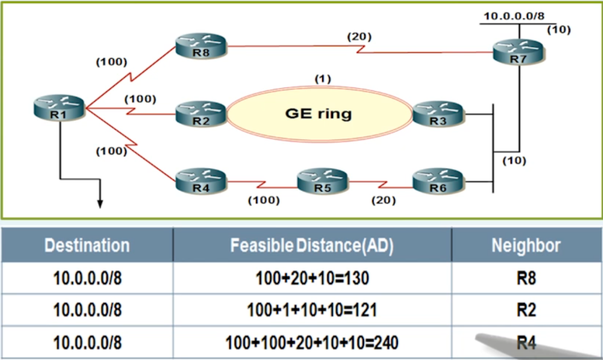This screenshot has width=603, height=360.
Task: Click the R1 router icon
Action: coord(59,108)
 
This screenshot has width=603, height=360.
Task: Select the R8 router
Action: coord(200,46)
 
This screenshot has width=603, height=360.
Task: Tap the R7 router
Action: coord(518,52)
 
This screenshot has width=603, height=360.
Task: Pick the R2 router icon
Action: coord(200,114)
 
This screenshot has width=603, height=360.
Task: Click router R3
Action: coord(438,114)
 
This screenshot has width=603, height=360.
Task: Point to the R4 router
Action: coord(200,181)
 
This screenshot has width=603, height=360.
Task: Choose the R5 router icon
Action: coord(323,181)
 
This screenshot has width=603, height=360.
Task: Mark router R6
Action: coord(438,181)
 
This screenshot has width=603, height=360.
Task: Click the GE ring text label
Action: coord(318,114)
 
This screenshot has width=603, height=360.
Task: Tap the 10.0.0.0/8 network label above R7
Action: coord(514,16)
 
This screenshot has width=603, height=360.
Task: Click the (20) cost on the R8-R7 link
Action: coord(360,36)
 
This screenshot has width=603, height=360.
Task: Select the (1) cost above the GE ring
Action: coord(323,79)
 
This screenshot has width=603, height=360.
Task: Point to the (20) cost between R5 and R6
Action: coord(384,200)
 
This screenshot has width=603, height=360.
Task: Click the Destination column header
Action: coord(87,245)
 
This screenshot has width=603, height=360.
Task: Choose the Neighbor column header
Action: coord(525,245)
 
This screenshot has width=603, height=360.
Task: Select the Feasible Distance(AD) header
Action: coord(312,246)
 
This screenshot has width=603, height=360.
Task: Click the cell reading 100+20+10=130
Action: coord(312,278)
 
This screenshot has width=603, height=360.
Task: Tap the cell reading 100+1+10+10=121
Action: coord(312,310)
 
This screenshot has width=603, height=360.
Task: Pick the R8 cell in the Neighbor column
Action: coord(526,278)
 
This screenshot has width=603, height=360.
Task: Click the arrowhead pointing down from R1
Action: coord(100,203)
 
